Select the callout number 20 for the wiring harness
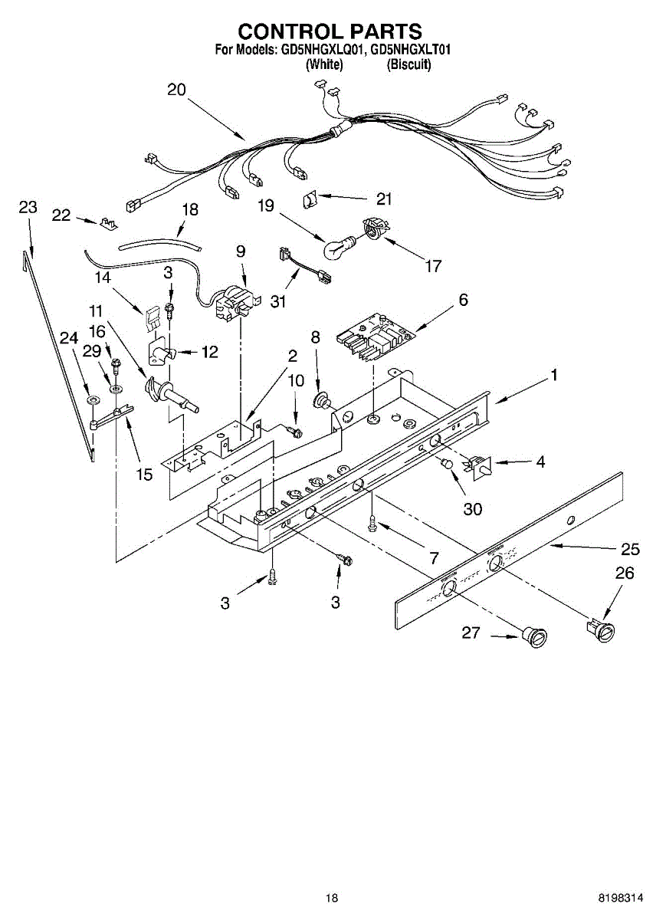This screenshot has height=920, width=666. click(x=176, y=90)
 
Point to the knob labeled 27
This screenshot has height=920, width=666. click(x=536, y=635)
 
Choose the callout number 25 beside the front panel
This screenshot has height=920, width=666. click(x=630, y=549)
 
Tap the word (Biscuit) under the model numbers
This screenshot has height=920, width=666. click(x=409, y=65)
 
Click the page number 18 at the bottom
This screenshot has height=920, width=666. click(x=331, y=898)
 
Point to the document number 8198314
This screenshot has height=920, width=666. click(x=622, y=898)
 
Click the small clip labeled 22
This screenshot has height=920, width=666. click(x=108, y=224)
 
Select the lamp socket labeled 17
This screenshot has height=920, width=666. click(x=372, y=229)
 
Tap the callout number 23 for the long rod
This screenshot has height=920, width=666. click(x=28, y=207)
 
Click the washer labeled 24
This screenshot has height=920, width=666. click(x=92, y=400)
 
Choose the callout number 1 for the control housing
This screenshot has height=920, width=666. click(x=554, y=376)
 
